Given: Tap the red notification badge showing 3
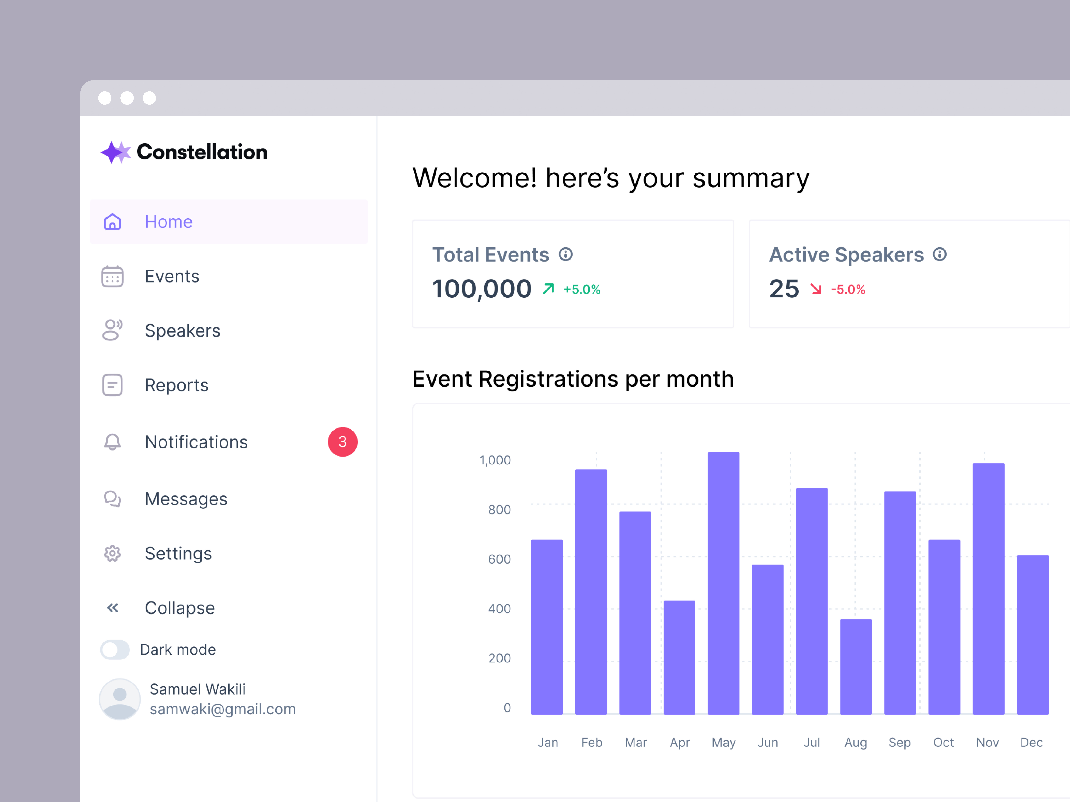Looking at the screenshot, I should click(342, 442).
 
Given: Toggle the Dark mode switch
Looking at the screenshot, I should click(115, 650).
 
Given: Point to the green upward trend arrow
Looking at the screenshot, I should click(548, 289).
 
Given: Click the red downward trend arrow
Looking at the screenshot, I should click(816, 289).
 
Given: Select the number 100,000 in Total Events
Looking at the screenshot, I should click(482, 289).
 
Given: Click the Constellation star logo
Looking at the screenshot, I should click(115, 152).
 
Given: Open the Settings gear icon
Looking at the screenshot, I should click(112, 553).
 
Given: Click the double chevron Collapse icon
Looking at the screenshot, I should click(112, 608).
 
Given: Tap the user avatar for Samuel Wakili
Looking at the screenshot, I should click(120, 699).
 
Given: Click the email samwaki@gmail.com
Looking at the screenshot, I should click(222, 709).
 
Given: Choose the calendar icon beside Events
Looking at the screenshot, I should click(112, 277).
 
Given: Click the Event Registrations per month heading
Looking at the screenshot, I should click(573, 379).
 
